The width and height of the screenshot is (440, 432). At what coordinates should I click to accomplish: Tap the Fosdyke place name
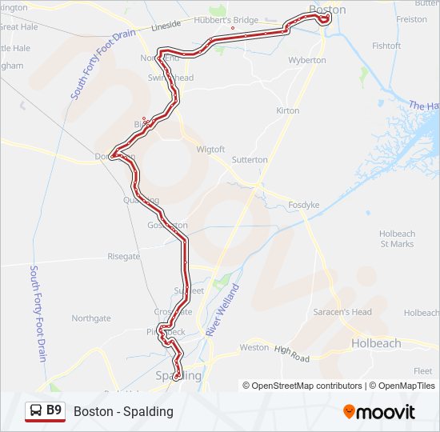click(x=304, y=205)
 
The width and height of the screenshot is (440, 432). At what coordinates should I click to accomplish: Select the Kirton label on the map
click(x=287, y=110)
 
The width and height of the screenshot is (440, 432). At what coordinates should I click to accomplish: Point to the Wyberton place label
click(x=307, y=60)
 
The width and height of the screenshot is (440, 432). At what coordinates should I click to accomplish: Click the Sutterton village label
click(x=250, y=159)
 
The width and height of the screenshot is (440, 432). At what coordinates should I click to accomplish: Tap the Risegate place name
click(x=123, y=257)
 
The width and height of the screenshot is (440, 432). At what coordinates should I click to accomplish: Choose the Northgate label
click(x=91, y=318)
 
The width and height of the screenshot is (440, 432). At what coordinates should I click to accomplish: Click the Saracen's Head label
click(x=342, y=311)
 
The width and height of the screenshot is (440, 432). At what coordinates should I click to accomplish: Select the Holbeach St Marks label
click(x=397, y=238)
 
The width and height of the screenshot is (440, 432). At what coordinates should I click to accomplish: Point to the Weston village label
click(x=254, y=347)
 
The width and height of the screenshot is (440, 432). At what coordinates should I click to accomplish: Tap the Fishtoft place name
click(x=386, y=46)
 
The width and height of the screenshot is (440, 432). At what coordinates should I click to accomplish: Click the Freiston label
click(x=412, y=19)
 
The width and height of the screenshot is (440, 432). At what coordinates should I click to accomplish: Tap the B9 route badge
click(x=54, y=410)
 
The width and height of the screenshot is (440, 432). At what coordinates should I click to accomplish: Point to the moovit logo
click(x=379, y=412)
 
